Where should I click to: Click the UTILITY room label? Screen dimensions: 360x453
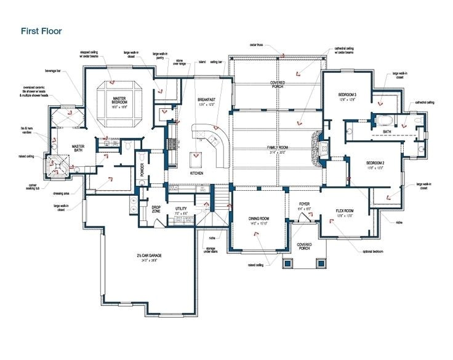[180, 210]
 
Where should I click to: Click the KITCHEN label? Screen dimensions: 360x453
[197, 174]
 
